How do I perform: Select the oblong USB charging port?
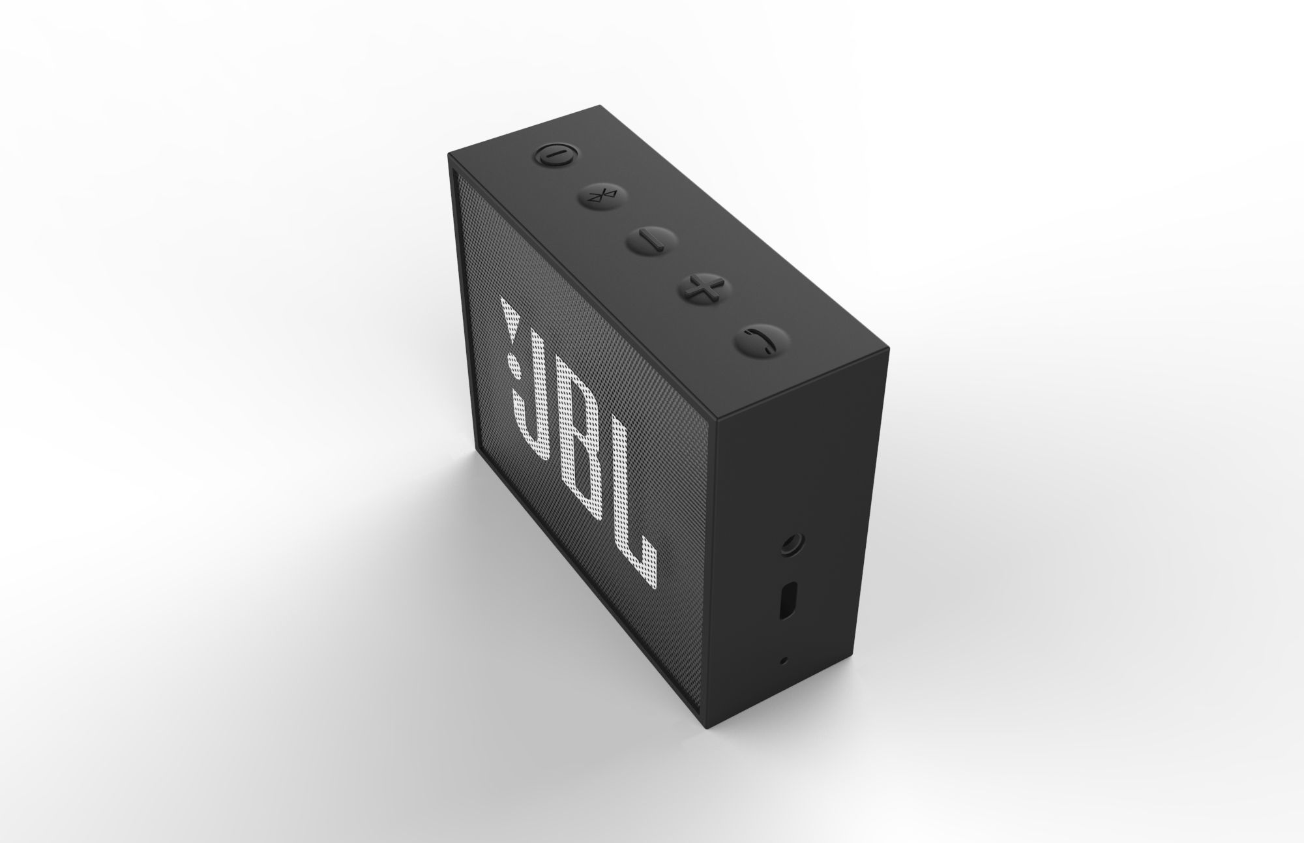787,600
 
